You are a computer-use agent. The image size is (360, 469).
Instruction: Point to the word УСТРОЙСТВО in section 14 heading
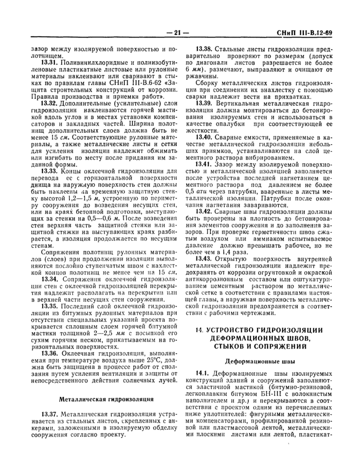232,330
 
